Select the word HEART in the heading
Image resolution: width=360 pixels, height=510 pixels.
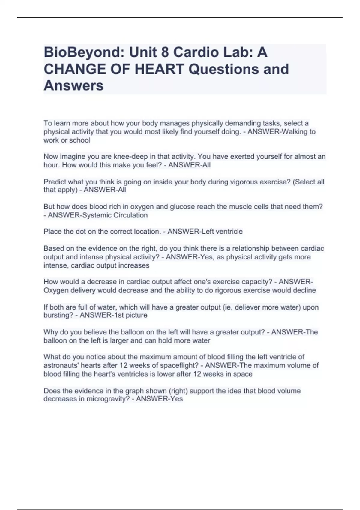(x=159, y=69)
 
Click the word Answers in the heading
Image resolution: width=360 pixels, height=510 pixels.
(x=73, y=86)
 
